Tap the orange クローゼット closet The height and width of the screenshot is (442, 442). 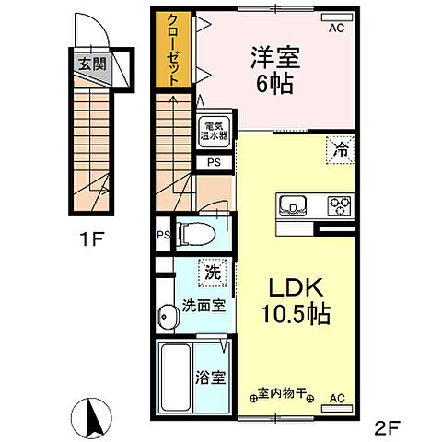pos(171,51)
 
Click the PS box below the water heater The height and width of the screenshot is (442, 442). pos(213,163)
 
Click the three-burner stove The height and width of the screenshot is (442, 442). pos(338,204)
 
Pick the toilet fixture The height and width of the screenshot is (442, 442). pos(194,234)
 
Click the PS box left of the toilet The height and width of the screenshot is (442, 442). pos(162,234)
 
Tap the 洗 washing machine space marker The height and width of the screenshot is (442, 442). pos(213,273)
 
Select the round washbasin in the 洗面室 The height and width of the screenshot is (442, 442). pos(166,317)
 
